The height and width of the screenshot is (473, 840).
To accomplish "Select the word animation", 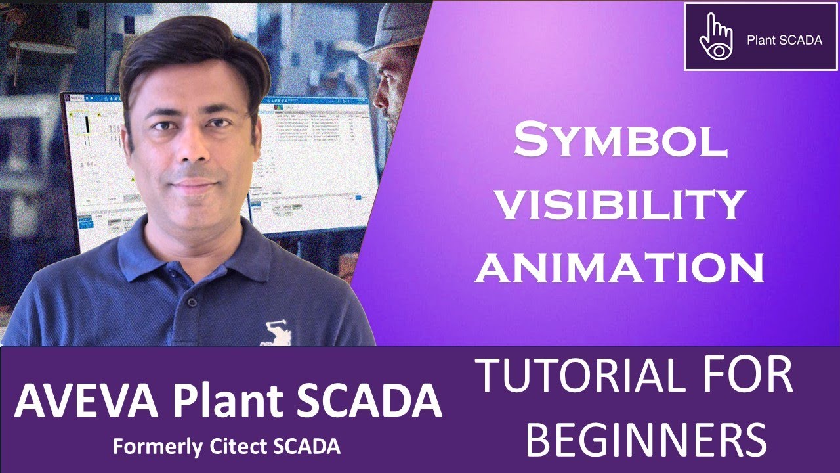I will (x=620, y=268).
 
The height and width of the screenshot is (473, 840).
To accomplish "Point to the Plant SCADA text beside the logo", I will (x=784, y=40).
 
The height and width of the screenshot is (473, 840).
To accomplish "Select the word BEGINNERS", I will (x=646, y=439).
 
